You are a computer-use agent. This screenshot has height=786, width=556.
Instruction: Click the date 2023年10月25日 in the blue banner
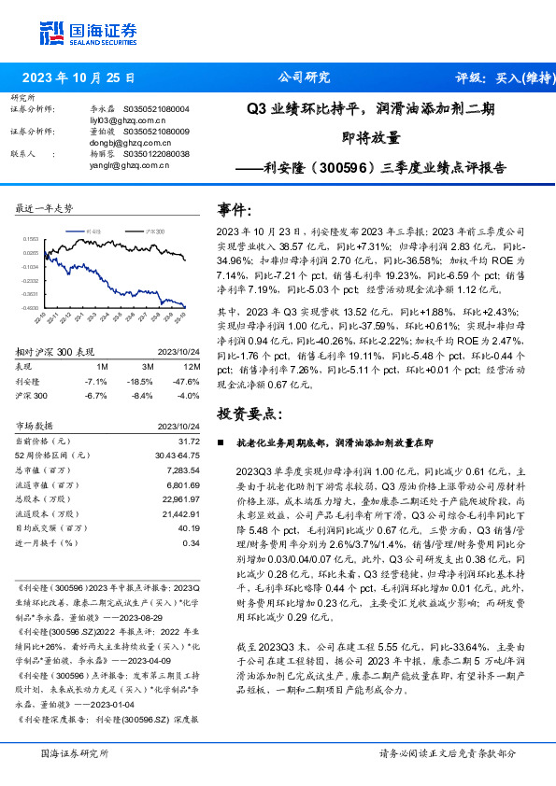78,78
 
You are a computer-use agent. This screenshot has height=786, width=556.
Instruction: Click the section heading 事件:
235,208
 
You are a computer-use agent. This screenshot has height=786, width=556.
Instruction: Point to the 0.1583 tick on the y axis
31,239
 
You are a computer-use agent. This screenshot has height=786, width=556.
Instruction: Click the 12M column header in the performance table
192,366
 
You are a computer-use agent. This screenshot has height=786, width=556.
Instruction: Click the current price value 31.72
190,441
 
